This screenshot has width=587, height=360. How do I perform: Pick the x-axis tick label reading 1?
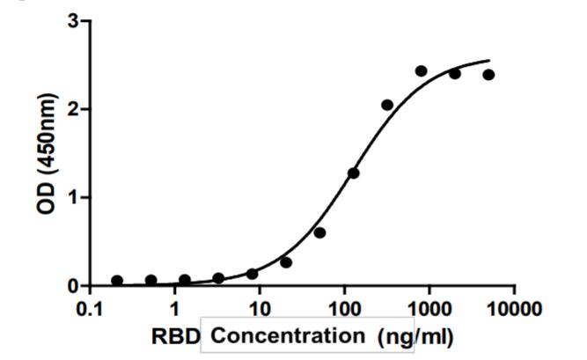tap(175, 307)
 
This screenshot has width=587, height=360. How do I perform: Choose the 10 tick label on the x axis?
tap(260, 307)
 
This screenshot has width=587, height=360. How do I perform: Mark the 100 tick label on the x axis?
tap(344, 307)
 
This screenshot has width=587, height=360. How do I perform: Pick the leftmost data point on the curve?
tap(117, 281)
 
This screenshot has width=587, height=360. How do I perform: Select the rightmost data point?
tap(488, 75)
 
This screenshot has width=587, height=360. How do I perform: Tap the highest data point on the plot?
tap(422, 71)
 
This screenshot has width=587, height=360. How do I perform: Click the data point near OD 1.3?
tap(354, 173)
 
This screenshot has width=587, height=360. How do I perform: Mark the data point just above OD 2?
tap(387, 105)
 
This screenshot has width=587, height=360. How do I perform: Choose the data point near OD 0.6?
tap(319, 232)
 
